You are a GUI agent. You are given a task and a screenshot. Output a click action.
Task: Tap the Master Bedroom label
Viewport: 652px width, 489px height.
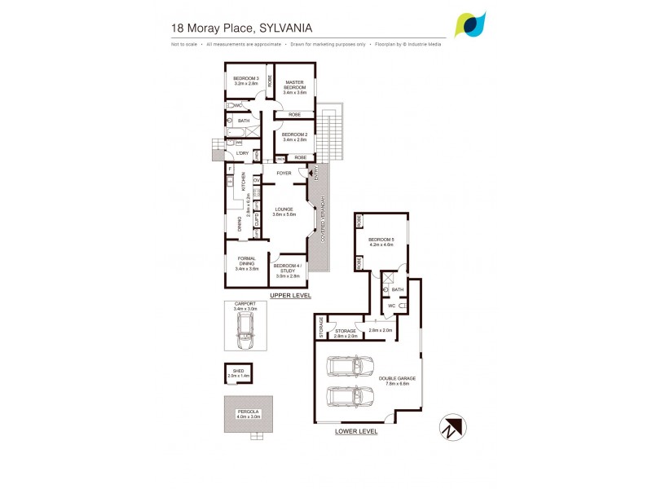tap(293, 86)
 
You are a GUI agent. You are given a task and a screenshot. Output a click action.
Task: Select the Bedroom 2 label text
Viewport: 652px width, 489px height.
tap(293, 137)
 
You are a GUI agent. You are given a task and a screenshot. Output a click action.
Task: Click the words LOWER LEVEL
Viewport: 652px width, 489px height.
tap(356, 431)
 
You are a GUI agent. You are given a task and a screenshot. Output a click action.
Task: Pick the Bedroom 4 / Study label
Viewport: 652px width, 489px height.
tap(288, 269)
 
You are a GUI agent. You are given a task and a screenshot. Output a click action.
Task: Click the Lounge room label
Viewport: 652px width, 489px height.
tap(284, 211)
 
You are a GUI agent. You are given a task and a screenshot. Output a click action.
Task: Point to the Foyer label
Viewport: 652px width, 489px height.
tap(284, 173)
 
